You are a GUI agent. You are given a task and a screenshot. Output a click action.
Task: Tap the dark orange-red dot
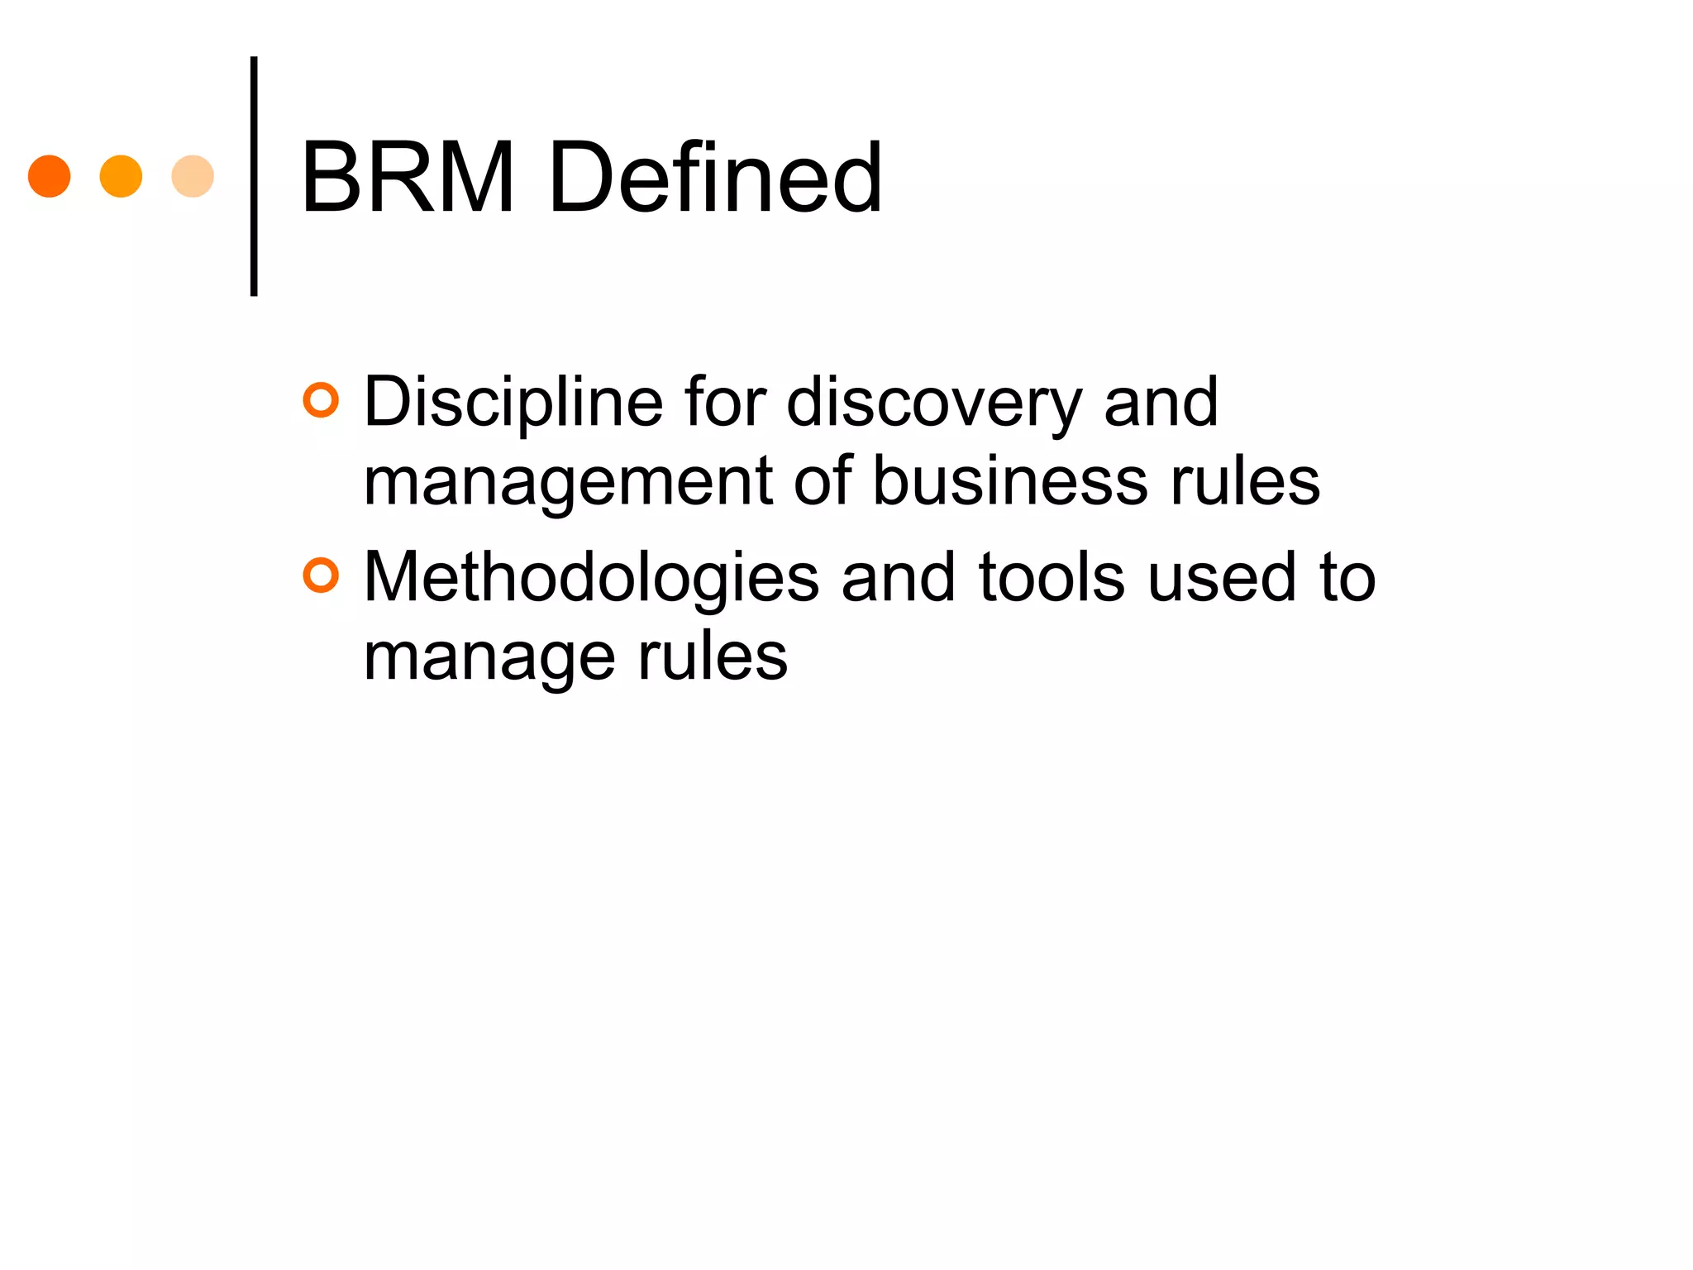(x=50, y=176)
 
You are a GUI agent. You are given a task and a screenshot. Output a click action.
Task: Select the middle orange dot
(x=121, y=176)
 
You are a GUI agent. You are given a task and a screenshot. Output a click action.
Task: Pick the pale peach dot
(x=193, y=176)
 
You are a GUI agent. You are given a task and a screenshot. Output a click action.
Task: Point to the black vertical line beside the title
(x=254, y=175)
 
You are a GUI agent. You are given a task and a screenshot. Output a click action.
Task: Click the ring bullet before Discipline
(x=321, y=400)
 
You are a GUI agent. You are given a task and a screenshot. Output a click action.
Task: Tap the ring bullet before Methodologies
(x=321, y=575)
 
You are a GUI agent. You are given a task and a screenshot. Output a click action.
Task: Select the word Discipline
(x=513, y=403)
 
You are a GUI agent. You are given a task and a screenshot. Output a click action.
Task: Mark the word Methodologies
(x=591, y=579)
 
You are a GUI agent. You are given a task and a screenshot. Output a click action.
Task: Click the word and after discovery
(x=1161, y=403)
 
